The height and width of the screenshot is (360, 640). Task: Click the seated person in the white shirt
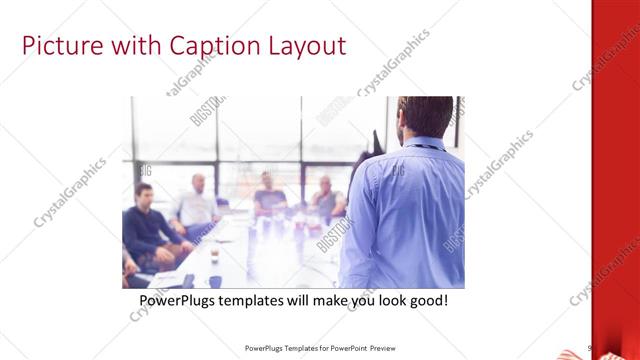195,207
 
